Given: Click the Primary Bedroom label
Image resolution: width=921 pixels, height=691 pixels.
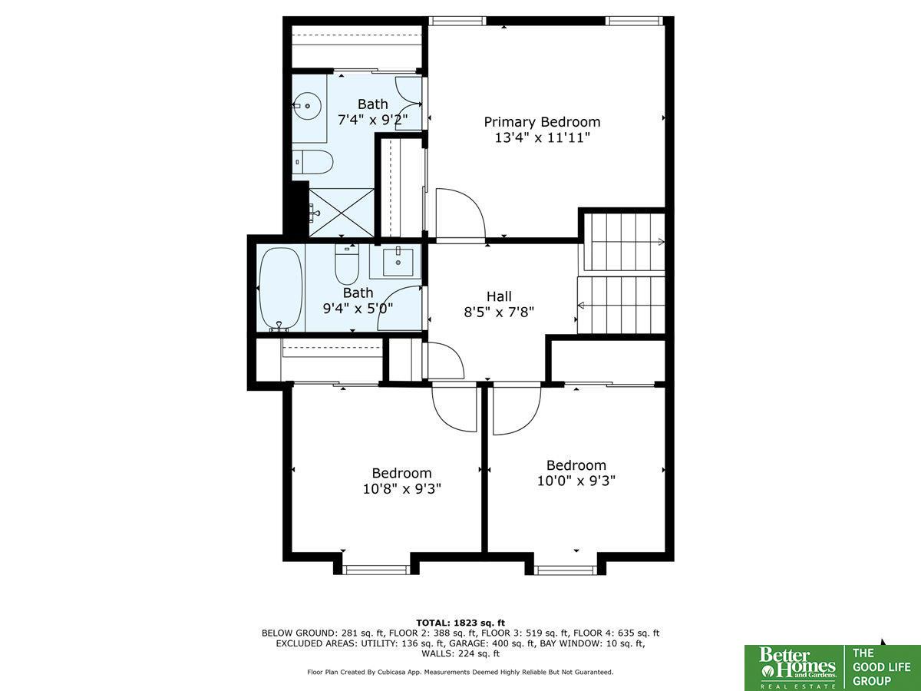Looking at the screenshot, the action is pyautogui.click(x=542, y=122).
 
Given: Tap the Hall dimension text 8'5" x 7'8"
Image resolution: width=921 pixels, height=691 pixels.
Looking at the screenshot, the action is pyautogui.click(x=499, y=312).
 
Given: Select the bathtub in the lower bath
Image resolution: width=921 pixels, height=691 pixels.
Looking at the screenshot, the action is pyautogui.click(x=281, y=289).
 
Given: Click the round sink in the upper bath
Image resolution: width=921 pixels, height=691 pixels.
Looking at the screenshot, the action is pyautogui.click(x=307, y=106).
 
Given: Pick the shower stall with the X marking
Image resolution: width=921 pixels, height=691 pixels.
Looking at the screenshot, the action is pyautogui.click(x=342, y=213).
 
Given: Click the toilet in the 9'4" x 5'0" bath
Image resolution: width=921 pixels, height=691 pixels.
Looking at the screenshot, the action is pyautogui.click(x=347, y=264).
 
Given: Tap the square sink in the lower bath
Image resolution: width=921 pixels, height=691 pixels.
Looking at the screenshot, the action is pyautogui.click(x=398, y=263).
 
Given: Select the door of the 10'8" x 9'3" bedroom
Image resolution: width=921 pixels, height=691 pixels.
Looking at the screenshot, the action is pyautogui.click(x=455, y=407).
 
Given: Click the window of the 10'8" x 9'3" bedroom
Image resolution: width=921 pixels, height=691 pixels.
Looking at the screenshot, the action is pyautogui.click(x=376, y=570).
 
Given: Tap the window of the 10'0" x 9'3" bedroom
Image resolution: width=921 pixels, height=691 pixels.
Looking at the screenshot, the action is pyautogui.click(x=565, y=570).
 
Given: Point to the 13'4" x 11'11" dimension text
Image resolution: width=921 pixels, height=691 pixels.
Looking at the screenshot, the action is pyautogui.click(x=542, y=137).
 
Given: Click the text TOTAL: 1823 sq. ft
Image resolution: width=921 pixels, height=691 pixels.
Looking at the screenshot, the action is pyautogui.click(x=460, y=623).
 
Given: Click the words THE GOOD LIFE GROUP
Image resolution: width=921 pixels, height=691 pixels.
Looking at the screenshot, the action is pyautogui.click(x=881, y=667).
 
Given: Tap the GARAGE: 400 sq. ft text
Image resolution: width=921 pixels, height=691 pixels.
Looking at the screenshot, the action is pyautogui.click(x=492, y=643).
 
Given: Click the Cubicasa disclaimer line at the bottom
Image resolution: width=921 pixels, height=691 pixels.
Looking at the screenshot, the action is pyautogui.click(x=460, y=672).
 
